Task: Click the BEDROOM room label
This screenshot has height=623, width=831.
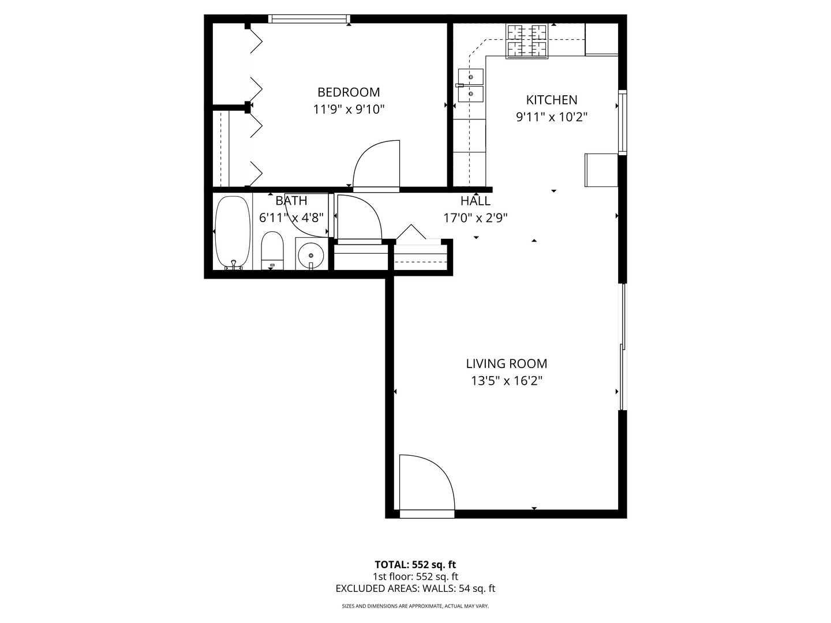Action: pos(349,92)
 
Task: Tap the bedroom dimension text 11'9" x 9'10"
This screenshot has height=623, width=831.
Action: pos(349,110)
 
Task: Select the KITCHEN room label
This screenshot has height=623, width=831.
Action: pos(552,100)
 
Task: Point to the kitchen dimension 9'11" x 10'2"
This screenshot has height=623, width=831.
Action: pos(552,117)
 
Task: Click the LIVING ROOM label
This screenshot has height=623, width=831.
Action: pos(507,363)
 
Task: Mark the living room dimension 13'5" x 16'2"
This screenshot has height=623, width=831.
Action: pos(507,381)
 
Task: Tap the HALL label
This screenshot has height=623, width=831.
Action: pos(476,201)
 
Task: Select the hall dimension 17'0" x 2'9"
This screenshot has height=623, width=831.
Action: pos(476,218)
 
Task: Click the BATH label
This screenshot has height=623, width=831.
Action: pos(291,201)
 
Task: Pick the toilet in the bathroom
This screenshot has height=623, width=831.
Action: pos(272,250)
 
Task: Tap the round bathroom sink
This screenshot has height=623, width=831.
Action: pos(312,254)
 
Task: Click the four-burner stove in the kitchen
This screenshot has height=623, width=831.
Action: pos(527,41)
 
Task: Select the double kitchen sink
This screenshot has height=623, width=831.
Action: pos(471,85)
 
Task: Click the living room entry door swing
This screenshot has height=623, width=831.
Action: pos(426,483)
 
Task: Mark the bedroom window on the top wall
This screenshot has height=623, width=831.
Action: pos(310,19)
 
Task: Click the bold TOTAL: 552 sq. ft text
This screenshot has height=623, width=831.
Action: pos(415,565)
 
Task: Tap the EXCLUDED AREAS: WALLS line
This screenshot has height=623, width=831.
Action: pos(415,588)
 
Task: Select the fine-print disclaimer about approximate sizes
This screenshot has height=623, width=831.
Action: pos(415,606)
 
